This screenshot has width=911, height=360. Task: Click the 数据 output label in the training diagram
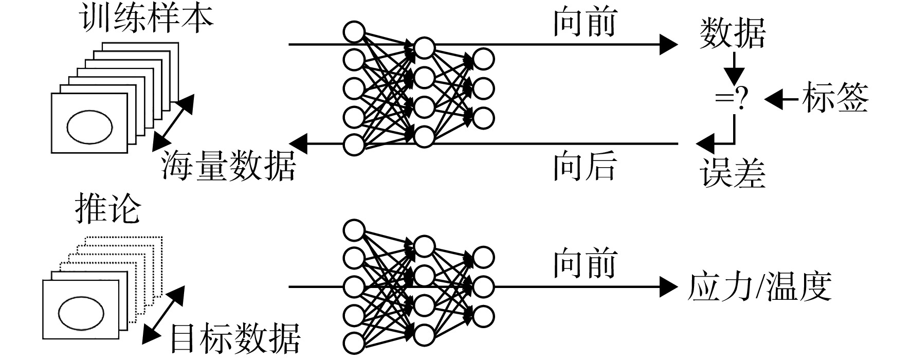(x=733, y=33)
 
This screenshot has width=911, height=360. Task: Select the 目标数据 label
(x=235, y=338)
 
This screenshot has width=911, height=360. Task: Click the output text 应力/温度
(x=760, y=286)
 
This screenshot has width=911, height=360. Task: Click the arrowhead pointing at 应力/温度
(x=669, y=287)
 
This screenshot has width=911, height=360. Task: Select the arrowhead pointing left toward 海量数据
(x=299, y=143)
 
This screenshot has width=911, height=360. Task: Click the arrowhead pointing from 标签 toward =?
(x=774, y=99)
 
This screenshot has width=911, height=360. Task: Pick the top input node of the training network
(x=354, y=32)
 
